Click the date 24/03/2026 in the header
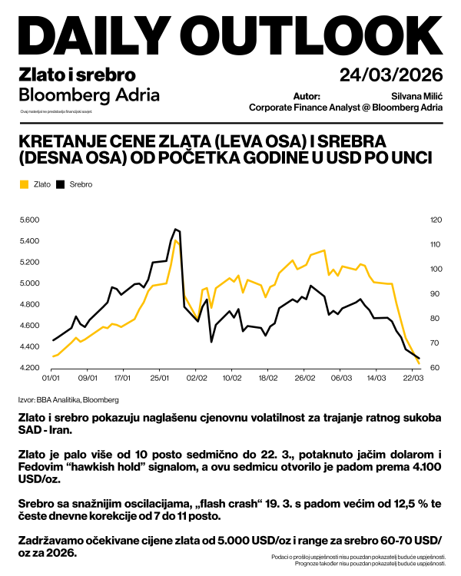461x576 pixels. click(391, 75)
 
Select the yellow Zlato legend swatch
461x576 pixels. click(24, 184)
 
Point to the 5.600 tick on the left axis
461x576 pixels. click(29, 220)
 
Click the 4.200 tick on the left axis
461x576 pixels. click(29, 368)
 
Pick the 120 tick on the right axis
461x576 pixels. click(436, 220)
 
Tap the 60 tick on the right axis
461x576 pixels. click(435, 368)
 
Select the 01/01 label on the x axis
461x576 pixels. click(51, 379)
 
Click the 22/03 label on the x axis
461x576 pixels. click(413, 379)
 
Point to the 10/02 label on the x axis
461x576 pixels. click(232, 379)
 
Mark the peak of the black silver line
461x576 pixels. click(176, 229)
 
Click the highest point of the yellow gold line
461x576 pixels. click(176, 240)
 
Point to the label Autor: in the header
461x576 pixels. click(307, 97)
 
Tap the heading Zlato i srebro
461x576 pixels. click(76, 75)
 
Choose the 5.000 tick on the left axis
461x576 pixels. click(29, 283)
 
